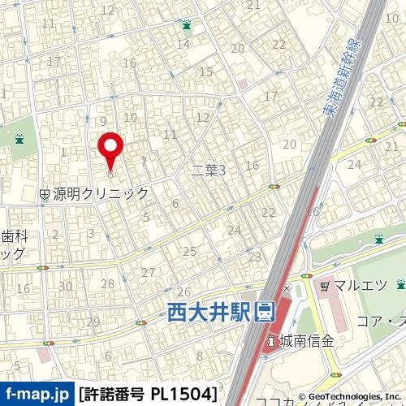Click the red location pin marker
tap(110, 149)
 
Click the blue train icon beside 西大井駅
tap(265, 311)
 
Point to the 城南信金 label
tap(306, 341)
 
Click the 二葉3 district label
tap(208, 170)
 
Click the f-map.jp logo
tap(37, 395)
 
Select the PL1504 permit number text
tap(184, 395)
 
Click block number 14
tap(184, 44)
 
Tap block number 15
tap(205, 72)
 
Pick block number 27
tap(148, 272)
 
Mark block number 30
tap(65, 286)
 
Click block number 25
tap(190, 252)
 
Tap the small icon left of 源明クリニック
tap(45, 194)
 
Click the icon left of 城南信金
tap(271, 341)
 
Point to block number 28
tap(107, 283)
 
